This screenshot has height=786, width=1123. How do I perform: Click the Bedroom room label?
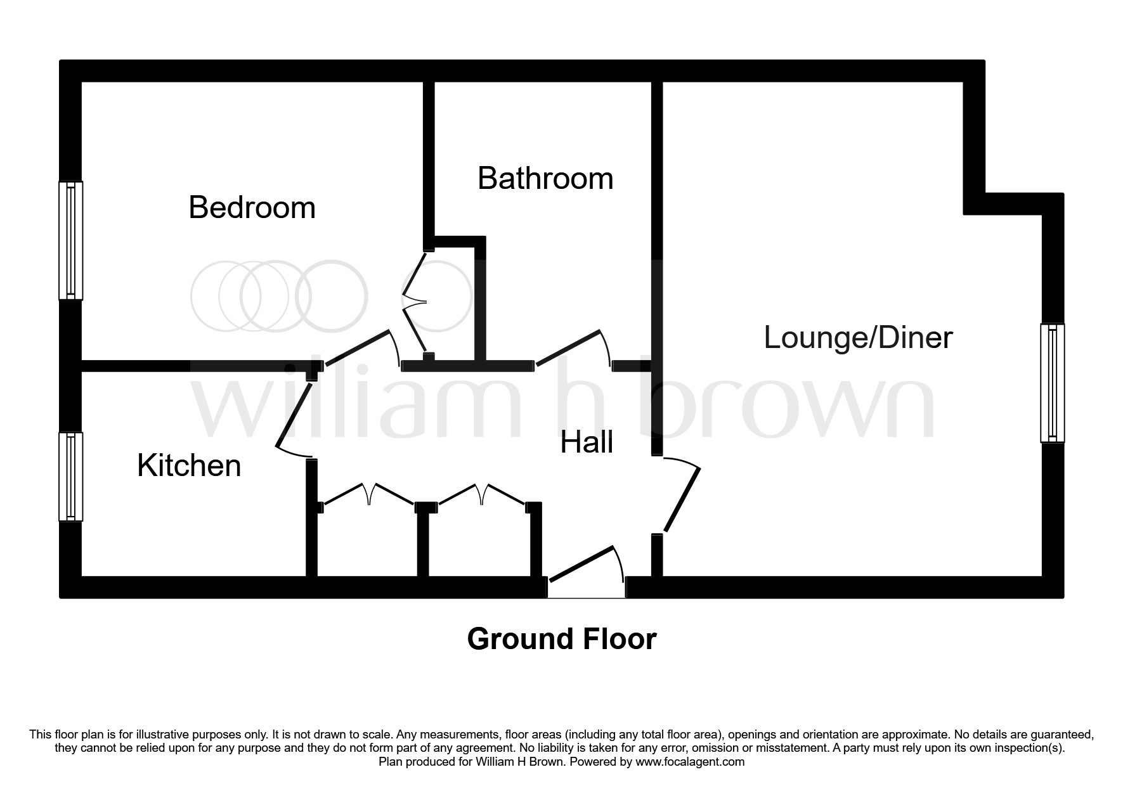click(x=252, y=208)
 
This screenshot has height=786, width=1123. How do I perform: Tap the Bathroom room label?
click(x=545, y=178)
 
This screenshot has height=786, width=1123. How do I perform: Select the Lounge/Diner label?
click(x=858, y=337)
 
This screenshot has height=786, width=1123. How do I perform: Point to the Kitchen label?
click(x=189, y=466)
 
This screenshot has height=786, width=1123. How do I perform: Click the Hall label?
click(x=587, y=442)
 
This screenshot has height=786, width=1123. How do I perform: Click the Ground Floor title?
click(x=561, y=639)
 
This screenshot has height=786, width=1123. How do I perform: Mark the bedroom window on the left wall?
click(x=71, y=240)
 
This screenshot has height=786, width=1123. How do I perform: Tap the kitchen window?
click(x=71, y=477)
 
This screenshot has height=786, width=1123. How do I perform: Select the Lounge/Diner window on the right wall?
click(x=1052, y=383)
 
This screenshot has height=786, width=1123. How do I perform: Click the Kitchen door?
click(x=294, y=412)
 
